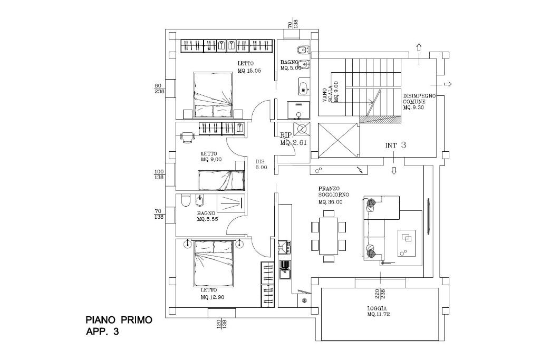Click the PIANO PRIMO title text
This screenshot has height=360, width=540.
(x=119, y=320)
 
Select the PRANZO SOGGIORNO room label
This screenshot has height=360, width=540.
(x=330, y=194)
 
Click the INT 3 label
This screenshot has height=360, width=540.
(x=395, y=145)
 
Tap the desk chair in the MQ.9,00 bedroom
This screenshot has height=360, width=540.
(x=187, y=137)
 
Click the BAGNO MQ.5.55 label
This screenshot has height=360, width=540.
(x=207, y=216)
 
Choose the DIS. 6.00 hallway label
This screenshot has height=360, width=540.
(x=261, y=164)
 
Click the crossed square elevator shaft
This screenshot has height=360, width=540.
(x=339, y=140)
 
